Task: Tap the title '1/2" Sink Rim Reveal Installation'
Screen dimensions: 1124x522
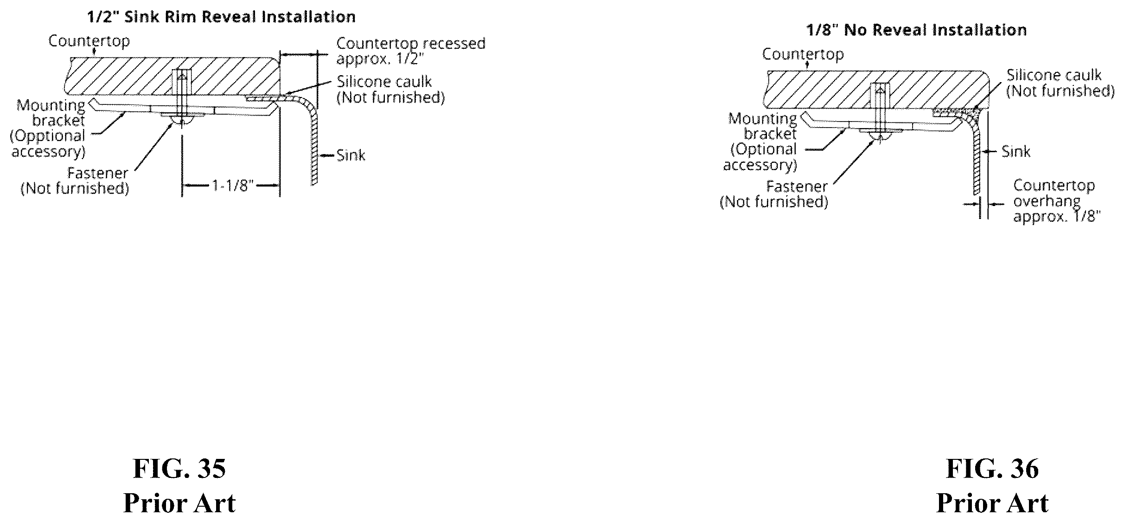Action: tap(222, 17)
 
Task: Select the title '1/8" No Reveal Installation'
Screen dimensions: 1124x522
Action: tap(917, 30)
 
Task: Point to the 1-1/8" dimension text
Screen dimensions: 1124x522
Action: tap(233, 186)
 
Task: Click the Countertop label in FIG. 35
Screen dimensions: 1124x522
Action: tap(89, 41)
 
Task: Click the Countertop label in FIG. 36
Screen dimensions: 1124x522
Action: tap(803, 55)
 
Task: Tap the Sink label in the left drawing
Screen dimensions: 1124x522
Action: tap(351, 155)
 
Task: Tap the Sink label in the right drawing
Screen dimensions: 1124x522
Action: tap(1016, 151)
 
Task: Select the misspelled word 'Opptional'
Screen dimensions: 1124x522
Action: tap(47, 136)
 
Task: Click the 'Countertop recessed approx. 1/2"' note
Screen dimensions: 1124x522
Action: tap(411, 51)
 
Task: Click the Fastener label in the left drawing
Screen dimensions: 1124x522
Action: tap(98, 173)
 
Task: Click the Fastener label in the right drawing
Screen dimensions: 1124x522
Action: tap(797, 187)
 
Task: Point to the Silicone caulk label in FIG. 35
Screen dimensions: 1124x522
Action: tap(384, 82)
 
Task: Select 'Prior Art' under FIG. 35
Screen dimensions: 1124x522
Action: tap(179, 503)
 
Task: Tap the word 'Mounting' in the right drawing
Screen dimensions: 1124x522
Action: tap(762, 119)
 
